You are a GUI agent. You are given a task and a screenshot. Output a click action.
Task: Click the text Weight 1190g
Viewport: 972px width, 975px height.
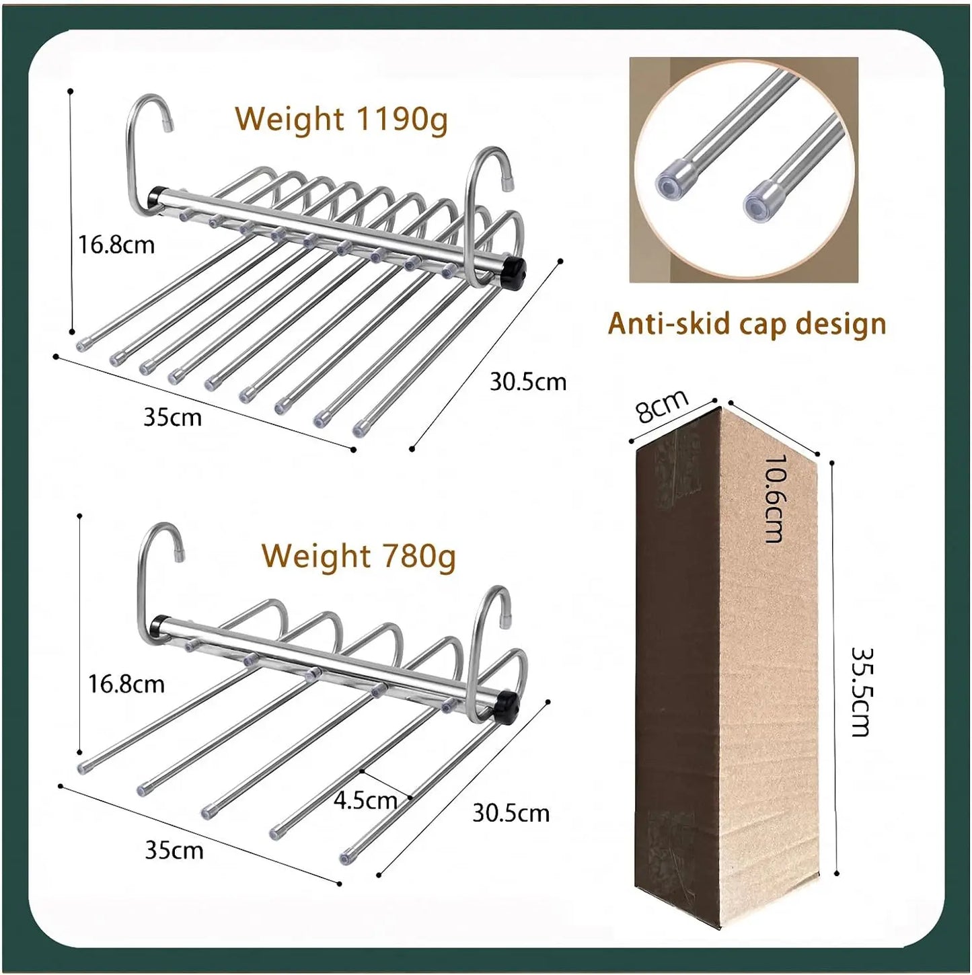341,120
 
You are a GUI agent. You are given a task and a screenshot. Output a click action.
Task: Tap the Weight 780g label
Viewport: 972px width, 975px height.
358,557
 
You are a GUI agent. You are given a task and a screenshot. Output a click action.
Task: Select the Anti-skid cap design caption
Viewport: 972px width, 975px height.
747,324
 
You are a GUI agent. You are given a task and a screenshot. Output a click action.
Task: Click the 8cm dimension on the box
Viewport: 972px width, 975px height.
663,406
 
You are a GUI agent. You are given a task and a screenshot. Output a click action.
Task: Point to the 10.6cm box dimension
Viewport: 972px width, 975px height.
774,498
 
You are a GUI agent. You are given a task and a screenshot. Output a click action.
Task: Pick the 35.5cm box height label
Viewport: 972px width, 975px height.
862,691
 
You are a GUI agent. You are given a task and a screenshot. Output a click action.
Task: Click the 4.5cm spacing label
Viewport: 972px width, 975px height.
365,800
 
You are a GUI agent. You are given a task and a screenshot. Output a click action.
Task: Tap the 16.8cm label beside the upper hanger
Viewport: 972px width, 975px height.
116,244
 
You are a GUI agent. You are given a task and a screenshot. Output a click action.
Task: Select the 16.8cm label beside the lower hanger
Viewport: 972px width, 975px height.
126,684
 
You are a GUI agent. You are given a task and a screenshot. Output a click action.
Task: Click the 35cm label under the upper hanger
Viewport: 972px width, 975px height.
172,417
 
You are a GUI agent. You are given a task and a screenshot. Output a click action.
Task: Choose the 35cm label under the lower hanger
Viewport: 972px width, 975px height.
174,850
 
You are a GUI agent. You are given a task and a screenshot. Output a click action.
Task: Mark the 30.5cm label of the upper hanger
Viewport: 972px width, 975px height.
527,382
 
